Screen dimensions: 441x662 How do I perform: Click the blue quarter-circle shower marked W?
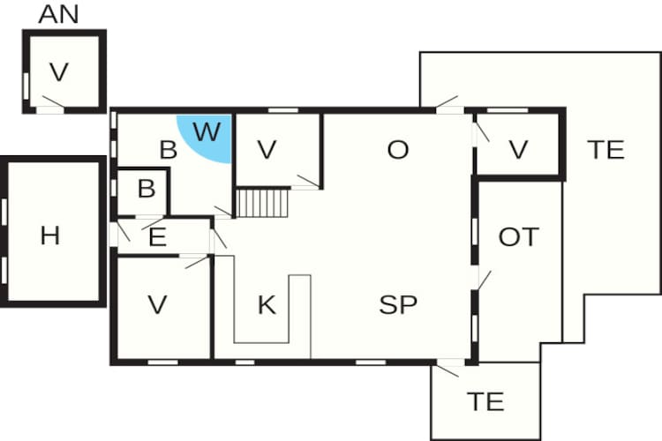[x=209, y=137]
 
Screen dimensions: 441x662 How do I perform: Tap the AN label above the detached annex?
[x=59, y=15]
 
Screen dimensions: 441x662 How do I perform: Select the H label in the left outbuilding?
[x=50, y=235]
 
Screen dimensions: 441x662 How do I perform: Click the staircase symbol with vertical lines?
[x=263, y=203]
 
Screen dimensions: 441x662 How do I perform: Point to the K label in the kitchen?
[x=267, y=305]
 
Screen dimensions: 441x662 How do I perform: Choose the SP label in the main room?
[x=398, y=305]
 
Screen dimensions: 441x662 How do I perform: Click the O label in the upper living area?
[x=398, y=150]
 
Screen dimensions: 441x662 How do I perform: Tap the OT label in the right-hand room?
[x=518, y=236]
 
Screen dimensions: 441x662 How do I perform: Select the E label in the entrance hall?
[x=158, y=237]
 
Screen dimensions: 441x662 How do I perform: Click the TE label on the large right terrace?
[x=606, y=150]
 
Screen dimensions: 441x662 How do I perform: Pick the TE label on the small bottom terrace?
[x=485, y=402]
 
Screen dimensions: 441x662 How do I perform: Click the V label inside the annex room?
[x=59, y=72]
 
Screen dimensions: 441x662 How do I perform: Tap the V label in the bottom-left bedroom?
[x=158, y=305]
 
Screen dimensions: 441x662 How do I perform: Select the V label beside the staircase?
[x=267, y=150]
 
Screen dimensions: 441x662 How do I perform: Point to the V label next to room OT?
[x=518, y=150]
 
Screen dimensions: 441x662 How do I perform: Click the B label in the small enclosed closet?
[x=147, y=189]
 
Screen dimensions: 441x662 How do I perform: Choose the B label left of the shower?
[x=168, y=150]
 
